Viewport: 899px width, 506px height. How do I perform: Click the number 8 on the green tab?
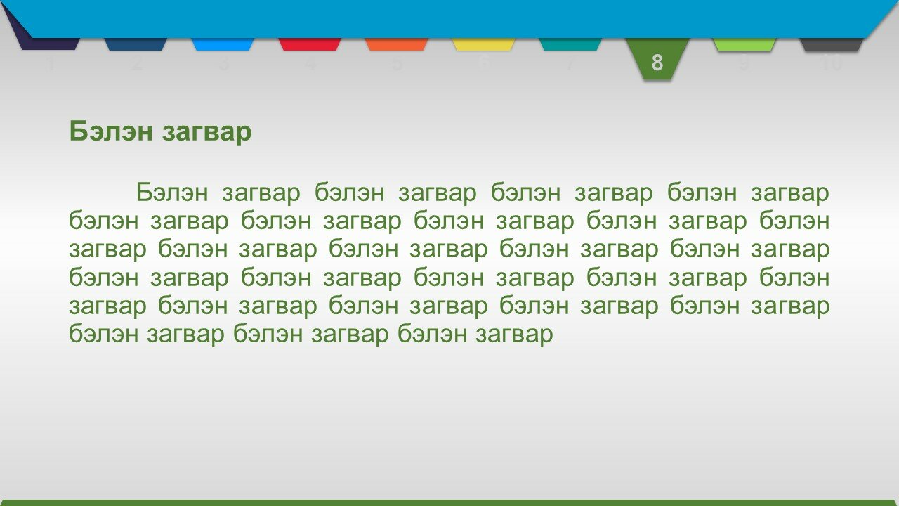[657, 63]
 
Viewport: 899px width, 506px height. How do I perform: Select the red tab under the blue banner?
[310, 44]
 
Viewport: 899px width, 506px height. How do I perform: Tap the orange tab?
[397, 44]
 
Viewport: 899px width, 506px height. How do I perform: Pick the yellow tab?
[483, 44]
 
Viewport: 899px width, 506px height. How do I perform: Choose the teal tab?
[570, 44]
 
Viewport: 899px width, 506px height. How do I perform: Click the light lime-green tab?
[744, 44]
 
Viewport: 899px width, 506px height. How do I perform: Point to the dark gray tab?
[832, 44]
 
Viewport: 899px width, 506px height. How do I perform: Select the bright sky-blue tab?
[223, 44]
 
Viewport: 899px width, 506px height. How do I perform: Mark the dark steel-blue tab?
[136, 44]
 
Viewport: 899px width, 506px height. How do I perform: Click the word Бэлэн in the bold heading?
[111, 131]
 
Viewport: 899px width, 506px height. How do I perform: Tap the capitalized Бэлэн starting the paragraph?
[173, 193]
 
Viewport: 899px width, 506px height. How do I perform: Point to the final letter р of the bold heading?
[244, 134]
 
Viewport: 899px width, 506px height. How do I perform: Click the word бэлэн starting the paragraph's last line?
[103, 333]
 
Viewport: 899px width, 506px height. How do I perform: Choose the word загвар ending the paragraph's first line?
[790, 194]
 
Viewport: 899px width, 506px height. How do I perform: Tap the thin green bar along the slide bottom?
[449, 502]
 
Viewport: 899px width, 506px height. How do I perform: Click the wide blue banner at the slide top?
[449, 19]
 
